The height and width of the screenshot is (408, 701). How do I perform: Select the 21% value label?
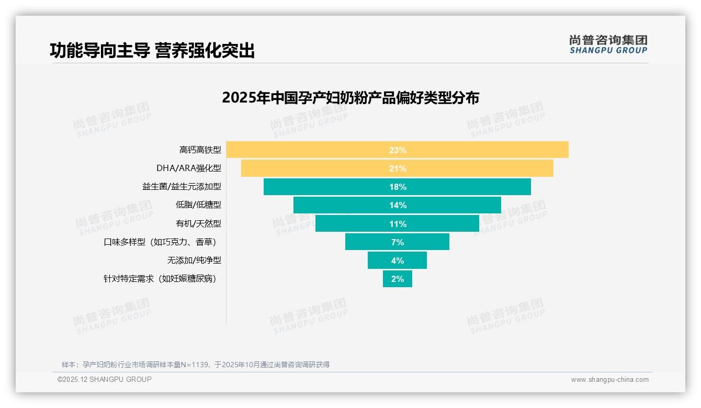pyautogui.click(x=398, y=168)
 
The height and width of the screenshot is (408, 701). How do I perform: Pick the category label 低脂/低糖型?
pyautogui.click(x=198, y=205)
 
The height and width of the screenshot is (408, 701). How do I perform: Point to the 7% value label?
pyautogui.click(x=398, y=242)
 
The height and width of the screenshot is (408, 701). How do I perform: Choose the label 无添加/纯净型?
pyautogui.click(x=194, y=260)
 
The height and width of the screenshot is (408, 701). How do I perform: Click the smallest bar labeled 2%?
pyautogui.click(x=398, y=279)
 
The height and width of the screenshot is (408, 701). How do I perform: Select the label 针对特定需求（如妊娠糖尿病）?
pyautogui.click(x=160, y=279)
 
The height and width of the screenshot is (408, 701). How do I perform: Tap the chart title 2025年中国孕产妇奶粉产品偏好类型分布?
pyautogui.click(x=350, y=98)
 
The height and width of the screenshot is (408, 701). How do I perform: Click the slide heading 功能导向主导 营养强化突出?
pyautogui.click(x=152, y=51)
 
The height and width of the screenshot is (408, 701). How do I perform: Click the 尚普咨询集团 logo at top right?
pyautogui.click(x=608, y=44)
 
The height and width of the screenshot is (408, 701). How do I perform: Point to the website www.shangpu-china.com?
pyautogui.click(x=609, y=380)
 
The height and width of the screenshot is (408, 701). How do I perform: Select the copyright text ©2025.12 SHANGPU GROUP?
pyautogui.click(x=105, y=380)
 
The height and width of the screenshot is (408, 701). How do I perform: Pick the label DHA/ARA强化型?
pyautogui.click(x=189, y=168)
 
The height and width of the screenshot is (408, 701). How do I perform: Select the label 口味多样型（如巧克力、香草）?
pyautogui.click(x=160, y=242)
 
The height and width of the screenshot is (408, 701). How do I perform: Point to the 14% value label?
pyautogui.click(x=398, y=205)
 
